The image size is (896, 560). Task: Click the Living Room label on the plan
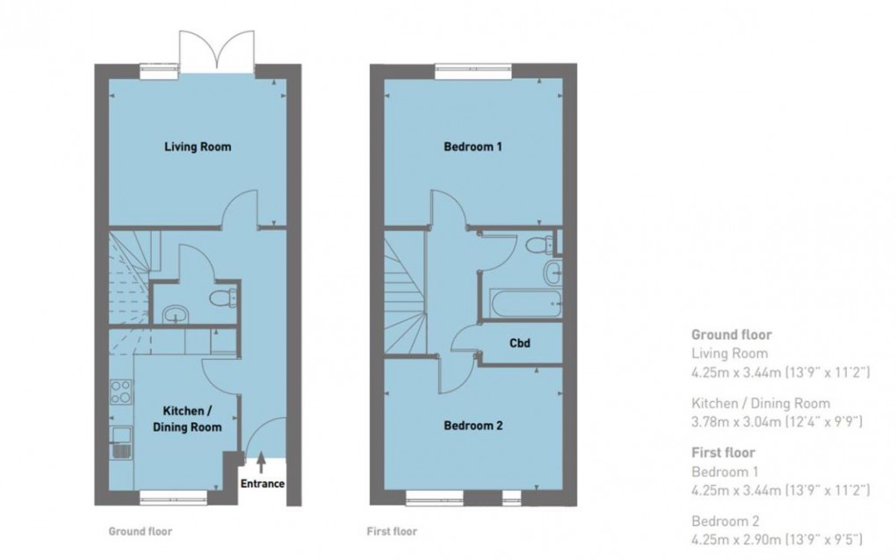(198, 147)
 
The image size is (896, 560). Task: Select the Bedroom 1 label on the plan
(473, 147)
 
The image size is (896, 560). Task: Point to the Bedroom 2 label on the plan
(473, 427)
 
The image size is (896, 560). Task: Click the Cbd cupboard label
(519, 342)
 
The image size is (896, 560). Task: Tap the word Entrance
(262, 484)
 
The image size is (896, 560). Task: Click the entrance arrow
(261, 462)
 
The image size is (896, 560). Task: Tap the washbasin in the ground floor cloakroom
(174, 312)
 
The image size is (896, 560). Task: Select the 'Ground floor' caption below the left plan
(140, 531)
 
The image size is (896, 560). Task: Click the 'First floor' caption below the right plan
(392, 531)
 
